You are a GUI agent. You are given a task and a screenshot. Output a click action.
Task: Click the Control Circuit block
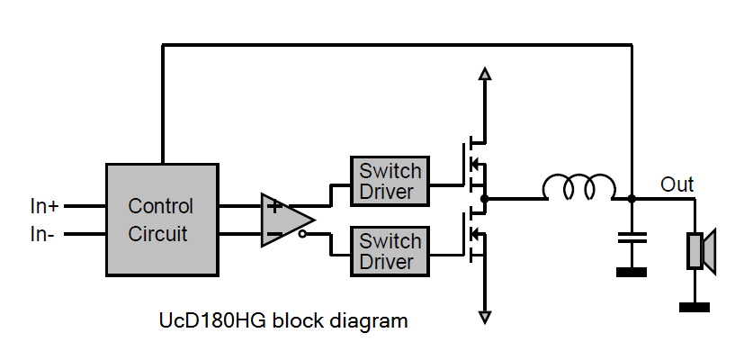click(x=162, y=220)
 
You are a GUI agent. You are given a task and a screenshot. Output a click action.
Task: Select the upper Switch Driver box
click(x=390, y=181)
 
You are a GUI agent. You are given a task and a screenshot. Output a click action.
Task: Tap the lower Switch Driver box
click(x=390, y=251)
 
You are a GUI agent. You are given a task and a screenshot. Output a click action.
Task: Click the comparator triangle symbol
click(x=287, y=220)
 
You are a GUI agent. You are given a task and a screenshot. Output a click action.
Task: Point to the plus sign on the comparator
click(x=274, y=207)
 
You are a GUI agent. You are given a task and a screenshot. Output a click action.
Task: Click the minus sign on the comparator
click(x=274, y=235)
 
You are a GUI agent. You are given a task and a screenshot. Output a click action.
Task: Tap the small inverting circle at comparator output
click(x=302, y=234)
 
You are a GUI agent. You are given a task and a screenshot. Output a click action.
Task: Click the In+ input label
click(x=44, y=206)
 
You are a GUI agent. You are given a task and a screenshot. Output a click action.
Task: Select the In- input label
click(x=42, y=235)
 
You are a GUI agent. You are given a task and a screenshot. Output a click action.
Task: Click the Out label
click(x=677, y=184)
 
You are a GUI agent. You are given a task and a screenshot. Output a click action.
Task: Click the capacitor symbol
click(x=632, y=237)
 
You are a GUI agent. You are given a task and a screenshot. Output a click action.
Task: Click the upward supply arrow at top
click(x=485, y=73)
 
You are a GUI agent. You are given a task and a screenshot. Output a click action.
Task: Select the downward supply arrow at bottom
click(x=485, y=318)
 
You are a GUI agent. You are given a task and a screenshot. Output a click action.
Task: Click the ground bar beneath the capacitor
click(x=632, y=273)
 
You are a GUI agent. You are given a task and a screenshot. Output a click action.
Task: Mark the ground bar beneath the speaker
click(x=695, y=307)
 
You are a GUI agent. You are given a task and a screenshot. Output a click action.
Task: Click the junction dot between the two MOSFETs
click(x=485, y=198)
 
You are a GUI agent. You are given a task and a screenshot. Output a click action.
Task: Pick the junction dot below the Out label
click(x=632, y=198)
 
